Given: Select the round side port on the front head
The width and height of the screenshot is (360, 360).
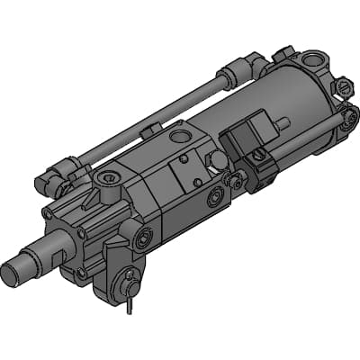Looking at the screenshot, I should pos(145,241).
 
